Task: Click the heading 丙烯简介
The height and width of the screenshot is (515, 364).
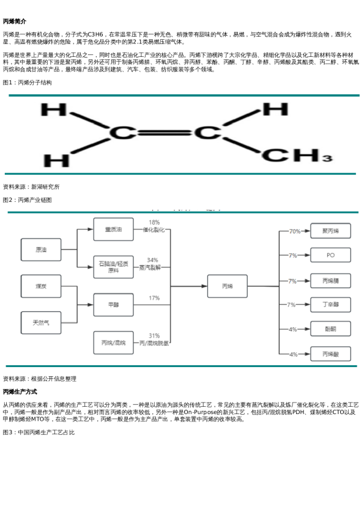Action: pyautogui.click(x=15, y=21)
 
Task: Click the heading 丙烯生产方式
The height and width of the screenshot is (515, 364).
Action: pyautogui.click(x=20, y=391)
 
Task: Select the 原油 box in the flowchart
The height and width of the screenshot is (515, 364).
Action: pyautogui.click(x=41, y=250)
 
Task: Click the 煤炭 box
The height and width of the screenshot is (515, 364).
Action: pyautogui.click(x=41, y=286)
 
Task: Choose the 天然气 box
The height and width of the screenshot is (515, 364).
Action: pyautogui.click(x=41, y=322)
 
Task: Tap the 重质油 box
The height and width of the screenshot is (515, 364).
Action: pyautogui.click(x=113, y=229)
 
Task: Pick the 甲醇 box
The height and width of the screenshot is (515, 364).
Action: pyautogui.click(x=113, y=305)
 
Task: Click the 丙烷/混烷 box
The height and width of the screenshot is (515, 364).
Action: pyautogui.click(x=113, y=343)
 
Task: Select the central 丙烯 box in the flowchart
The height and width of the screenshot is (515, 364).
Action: pyautogui.click(x=227, y=286)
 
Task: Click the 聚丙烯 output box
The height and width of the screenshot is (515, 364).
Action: pyautogui.click(x=330, y=231)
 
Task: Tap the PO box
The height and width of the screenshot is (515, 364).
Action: pyautogui.click(x=330, y=255)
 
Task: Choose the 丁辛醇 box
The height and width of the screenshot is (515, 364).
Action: pyautogui.click(x=330, y=304)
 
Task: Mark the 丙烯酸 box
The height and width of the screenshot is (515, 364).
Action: pyautogui.click(x=330, y=354)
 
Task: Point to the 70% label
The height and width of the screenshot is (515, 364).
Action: pyautogui.click(x=295, y=231)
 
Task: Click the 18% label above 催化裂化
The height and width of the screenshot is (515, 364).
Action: pyautogui.click(x=154, y=223)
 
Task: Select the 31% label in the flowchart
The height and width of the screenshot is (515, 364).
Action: pyautogui.click(x=154, y=336)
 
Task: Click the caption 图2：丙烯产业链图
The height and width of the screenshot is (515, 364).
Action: pyautogui.click(x=28, y=200)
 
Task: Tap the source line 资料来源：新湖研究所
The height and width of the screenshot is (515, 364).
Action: pyautogui.click(x=31, y=187)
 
